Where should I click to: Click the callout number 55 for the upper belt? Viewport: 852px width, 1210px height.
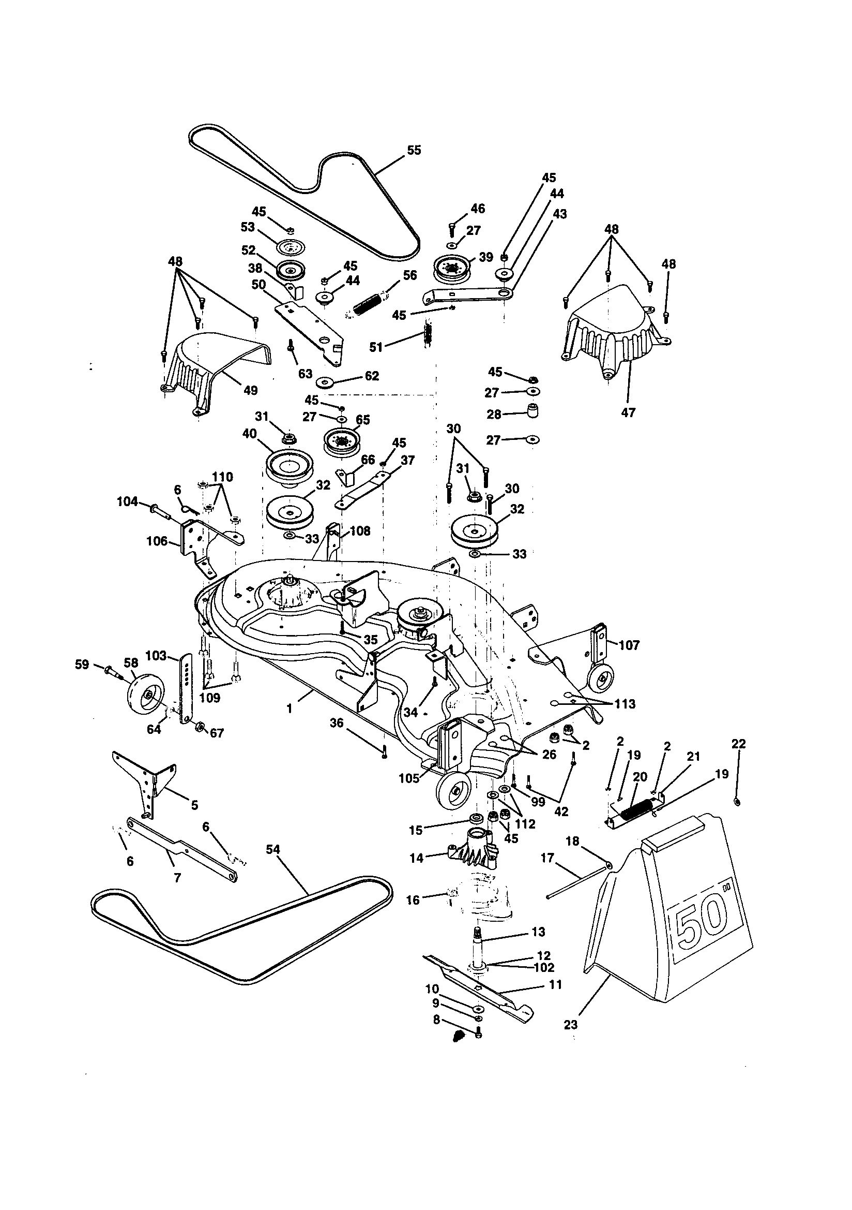coord(414,150)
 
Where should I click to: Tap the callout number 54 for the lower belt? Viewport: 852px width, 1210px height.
coord(273,849)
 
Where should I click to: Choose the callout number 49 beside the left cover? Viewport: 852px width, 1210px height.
coord(251,391)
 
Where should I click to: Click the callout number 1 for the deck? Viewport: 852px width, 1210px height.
coord(289,710)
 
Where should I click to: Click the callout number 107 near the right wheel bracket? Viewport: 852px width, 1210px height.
coord(629,645)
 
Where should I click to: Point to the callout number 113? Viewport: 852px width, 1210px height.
coord(625,704)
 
